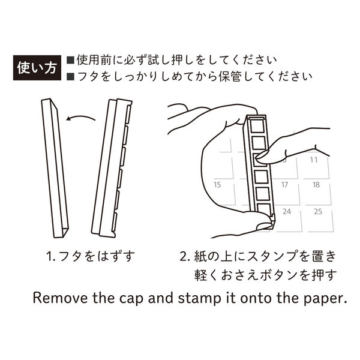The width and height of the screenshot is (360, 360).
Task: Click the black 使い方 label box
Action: point(37,68)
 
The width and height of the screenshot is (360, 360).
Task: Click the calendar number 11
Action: point(314,160)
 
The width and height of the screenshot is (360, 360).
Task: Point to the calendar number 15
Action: point(218,185)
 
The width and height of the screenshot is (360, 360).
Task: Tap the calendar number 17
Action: point(286,185)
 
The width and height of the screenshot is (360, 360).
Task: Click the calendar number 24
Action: point(287,211)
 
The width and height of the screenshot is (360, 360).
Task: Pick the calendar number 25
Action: point(319,211)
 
